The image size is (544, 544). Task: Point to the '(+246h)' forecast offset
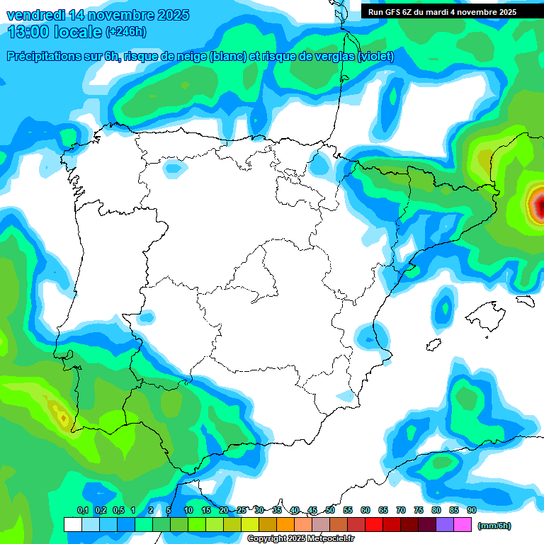pyautogui.click(x=125, y=32)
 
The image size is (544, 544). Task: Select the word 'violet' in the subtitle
pyautogui.click(x=375, y=57)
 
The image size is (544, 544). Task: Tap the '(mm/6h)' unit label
pyautogui.click(x=494, y=526)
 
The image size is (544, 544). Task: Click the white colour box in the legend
pyautogui.click(x=72, y=525)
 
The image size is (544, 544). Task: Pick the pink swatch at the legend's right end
pyautogui.click(x=463, y=525)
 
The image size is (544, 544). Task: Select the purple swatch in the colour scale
pyautogui.click(x=445, y=525)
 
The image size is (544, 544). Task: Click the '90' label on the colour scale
pyautogui.click(x=472, y=510)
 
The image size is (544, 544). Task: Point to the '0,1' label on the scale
pyautogui.click(x=82, y=510)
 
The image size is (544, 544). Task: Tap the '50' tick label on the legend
pyautogui.click(x=330, y=510)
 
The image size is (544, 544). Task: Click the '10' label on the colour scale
pyautogui.click(x=188, y=510)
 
